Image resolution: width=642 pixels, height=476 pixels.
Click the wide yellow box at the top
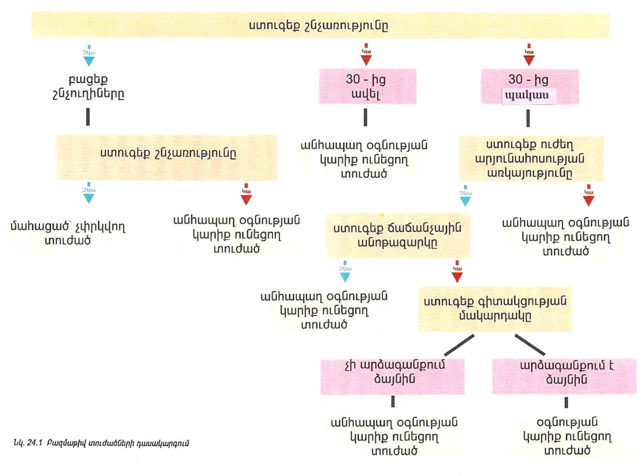click(320, 25)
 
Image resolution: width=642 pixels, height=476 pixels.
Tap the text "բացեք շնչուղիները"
click(88, 86)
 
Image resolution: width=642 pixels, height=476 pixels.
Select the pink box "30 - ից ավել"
click(367, 86)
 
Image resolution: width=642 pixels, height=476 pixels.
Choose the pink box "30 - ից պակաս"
click(529, 87)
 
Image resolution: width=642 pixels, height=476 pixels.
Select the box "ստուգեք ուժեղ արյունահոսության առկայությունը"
click(530, 159)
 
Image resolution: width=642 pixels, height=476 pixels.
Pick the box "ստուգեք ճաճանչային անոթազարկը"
click(397, 235)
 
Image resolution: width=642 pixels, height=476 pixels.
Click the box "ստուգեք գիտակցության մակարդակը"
click(495, 309)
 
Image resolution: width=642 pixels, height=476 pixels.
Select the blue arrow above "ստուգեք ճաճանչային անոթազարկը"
click(465, 197)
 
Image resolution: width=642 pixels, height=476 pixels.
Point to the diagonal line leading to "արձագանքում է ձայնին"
click(530, 344)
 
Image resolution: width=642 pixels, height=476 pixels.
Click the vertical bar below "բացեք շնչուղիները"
click(88, 117)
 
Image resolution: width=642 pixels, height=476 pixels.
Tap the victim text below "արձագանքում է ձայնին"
click(567, 436)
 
